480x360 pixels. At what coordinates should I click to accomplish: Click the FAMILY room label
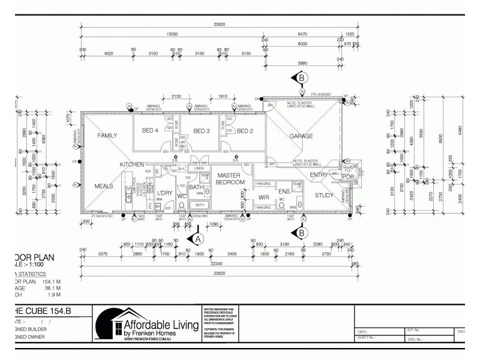click(x=107, y=136)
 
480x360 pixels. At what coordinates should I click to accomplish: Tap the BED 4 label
click(x=150, y=131)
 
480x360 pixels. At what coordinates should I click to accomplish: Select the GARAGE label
click(x=301, y=136)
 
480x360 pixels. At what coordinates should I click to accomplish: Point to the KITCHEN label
click(x=132, y=164)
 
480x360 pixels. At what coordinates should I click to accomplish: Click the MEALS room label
click(x=104, y=186)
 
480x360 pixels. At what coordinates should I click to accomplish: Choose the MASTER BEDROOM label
click(x=228, y=178)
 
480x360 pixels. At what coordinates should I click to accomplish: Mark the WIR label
click(x=263, y=196)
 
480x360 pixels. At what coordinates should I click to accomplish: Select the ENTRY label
click(x=319, y=175)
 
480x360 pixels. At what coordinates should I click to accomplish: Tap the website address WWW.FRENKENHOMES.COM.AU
click(x=148, y=340)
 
